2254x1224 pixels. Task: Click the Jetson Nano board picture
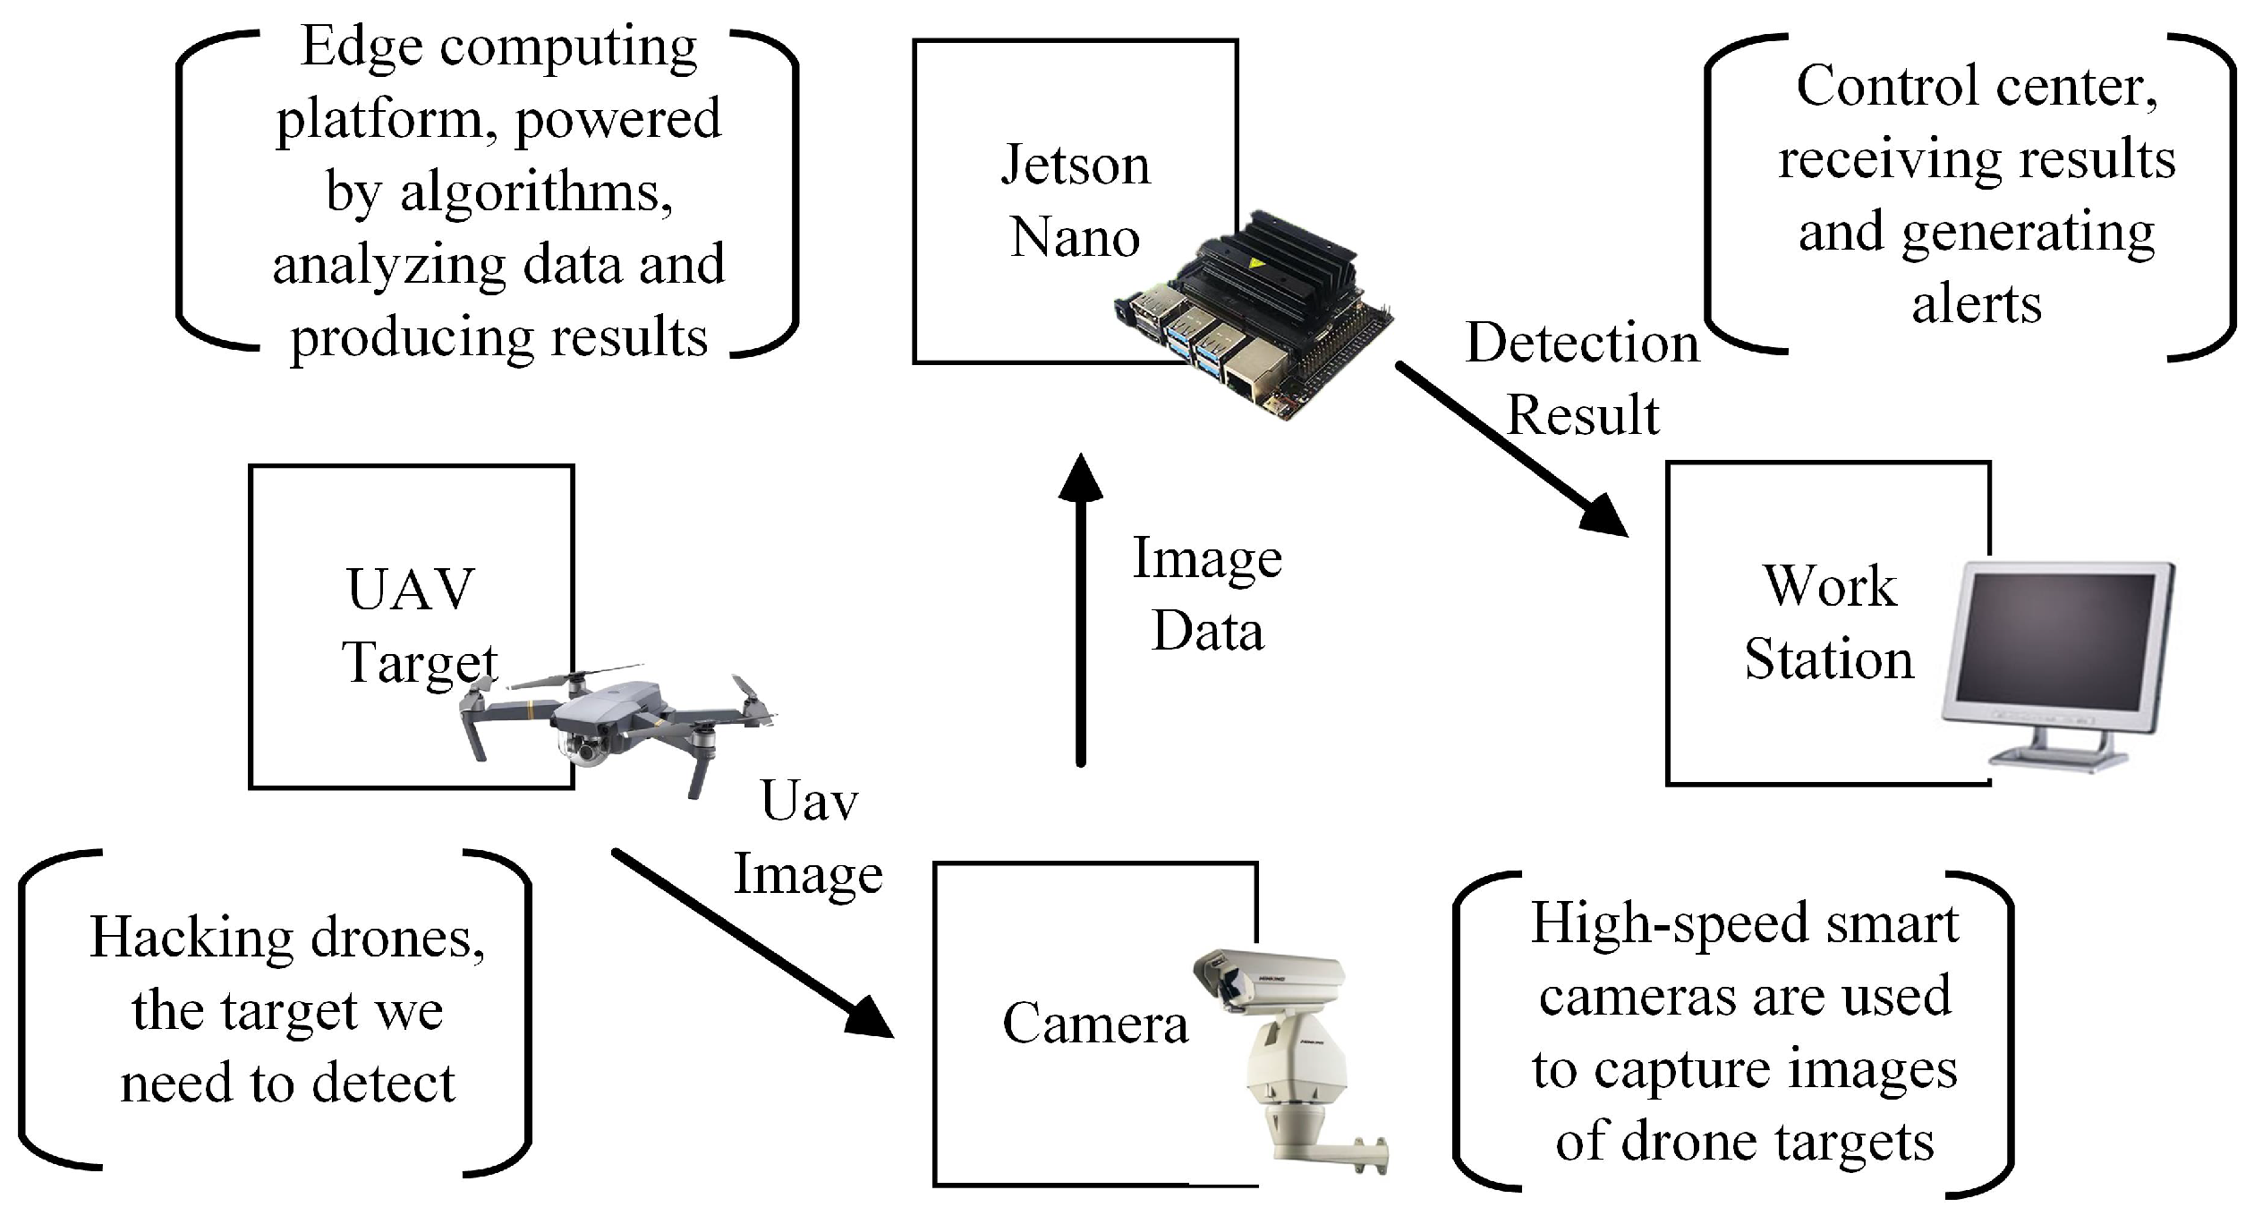[1253, 313]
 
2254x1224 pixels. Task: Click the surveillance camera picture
[1289, 1056]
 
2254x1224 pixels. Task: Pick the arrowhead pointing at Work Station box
[1602, 516]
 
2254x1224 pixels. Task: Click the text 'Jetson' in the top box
[1075, 165]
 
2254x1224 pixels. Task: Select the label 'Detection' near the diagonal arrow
[1581, 343]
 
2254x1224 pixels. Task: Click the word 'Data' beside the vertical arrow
[1207, 631]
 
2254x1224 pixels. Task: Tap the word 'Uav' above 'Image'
[809, 800]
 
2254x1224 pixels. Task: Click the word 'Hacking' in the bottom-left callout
[190, 938]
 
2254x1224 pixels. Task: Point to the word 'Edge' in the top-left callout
[361, 47]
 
